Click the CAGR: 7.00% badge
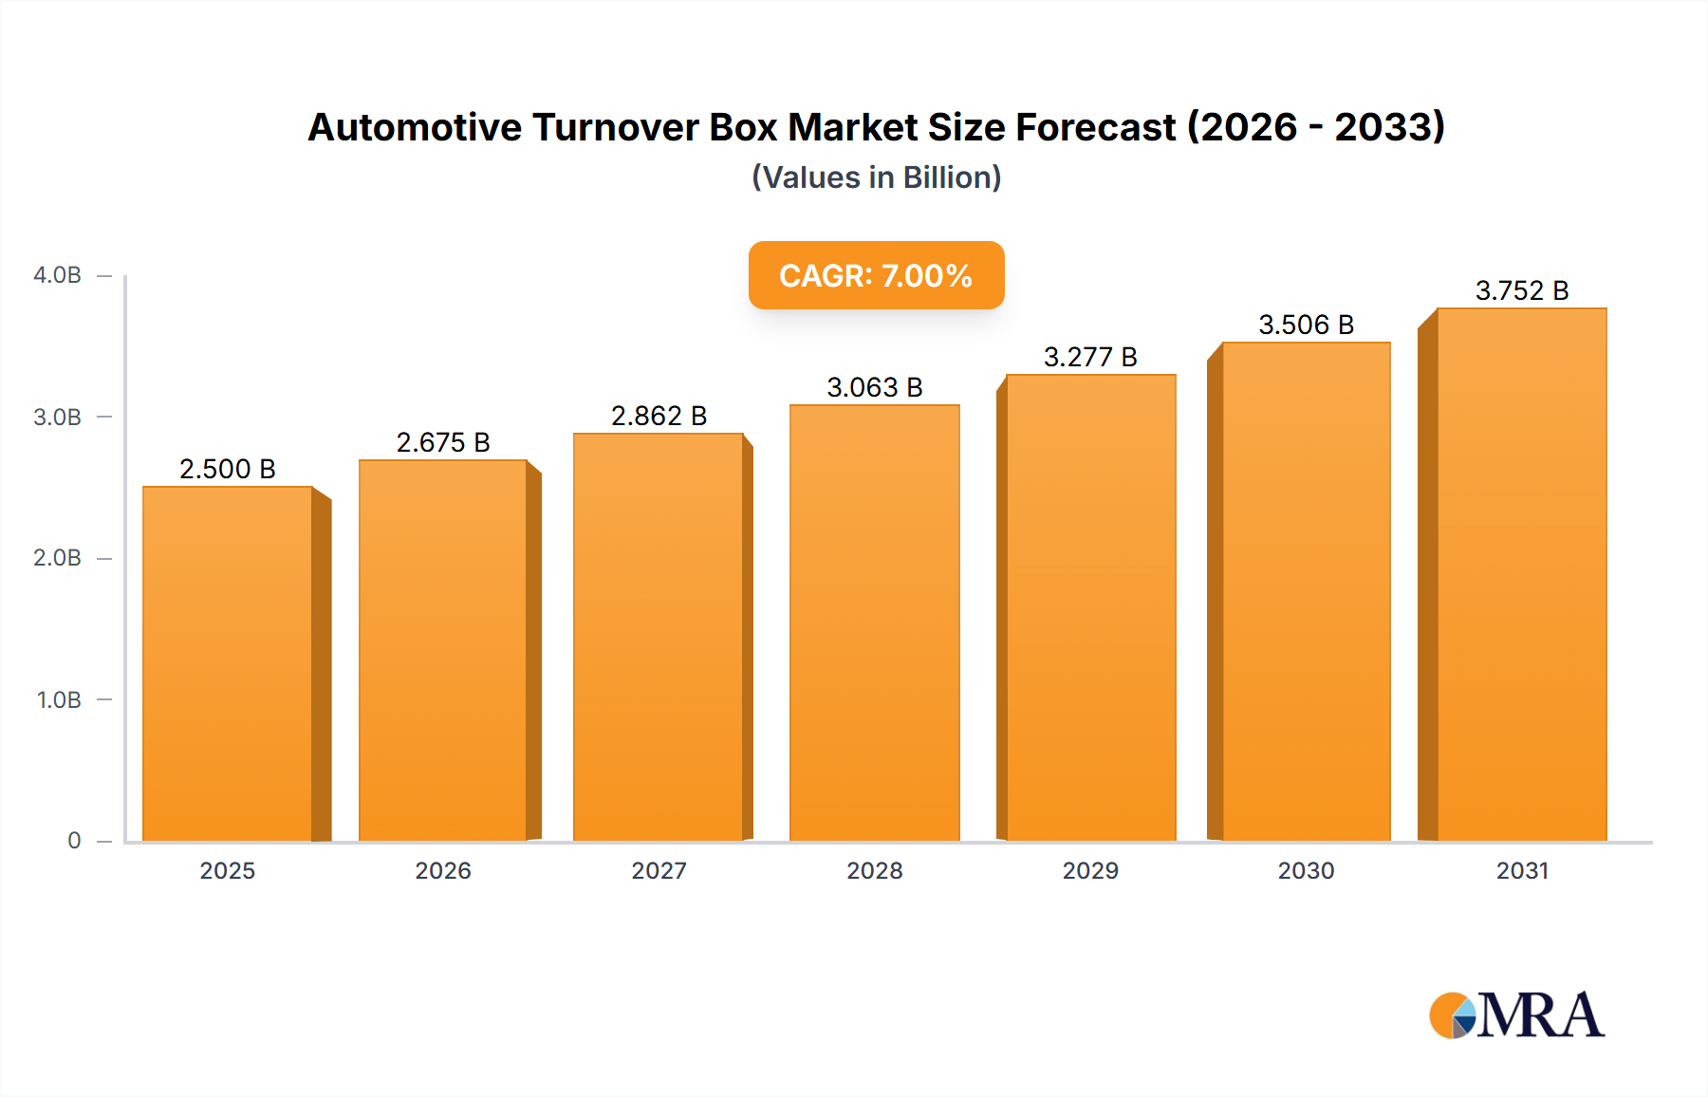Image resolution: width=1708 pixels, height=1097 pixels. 876,275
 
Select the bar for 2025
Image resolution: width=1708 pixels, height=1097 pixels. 228,664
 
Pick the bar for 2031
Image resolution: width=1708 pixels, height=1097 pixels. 1521,575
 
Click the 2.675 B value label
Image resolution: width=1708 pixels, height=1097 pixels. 443,442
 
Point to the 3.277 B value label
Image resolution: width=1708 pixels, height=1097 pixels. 1090,357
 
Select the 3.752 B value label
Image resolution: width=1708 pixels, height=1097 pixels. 1521,290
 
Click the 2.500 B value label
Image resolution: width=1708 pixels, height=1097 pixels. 228,469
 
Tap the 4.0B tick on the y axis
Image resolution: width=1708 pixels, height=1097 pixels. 57,275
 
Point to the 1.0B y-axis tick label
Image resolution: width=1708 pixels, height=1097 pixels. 59,700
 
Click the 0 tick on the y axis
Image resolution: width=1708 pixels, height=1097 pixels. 74,841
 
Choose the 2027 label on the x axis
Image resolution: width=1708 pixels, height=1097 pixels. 659,870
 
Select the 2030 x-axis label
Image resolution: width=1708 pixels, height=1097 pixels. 1306,870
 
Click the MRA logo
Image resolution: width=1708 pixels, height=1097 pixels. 1516,1015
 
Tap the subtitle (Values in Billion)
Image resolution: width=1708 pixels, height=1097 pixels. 876,177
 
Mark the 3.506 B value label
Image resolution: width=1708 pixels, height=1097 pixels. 1306,325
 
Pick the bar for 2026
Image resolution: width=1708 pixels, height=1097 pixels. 443,651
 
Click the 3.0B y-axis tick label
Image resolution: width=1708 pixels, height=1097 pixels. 57,418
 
